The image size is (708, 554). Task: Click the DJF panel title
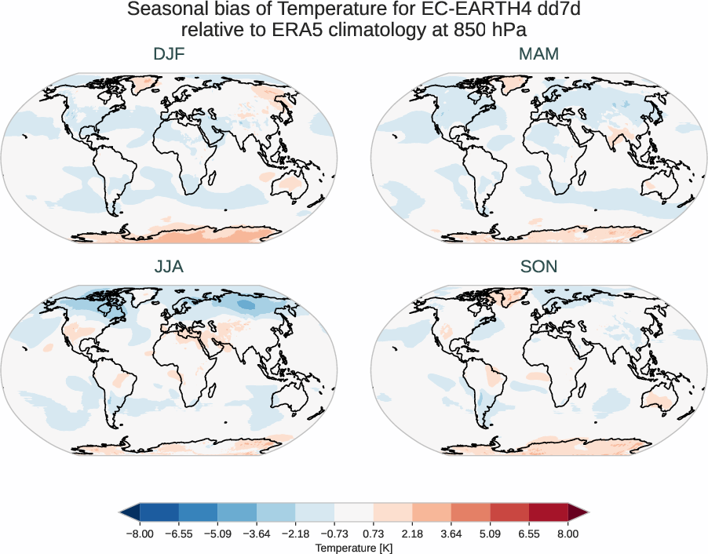(169, 55)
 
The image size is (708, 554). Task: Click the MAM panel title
(538, 55)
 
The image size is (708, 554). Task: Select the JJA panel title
(169, 267)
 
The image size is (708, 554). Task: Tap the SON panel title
(538, 267)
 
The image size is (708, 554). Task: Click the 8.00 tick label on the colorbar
(567, 533)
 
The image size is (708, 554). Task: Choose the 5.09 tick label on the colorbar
(490, 533)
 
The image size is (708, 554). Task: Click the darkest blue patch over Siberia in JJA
(246, 304)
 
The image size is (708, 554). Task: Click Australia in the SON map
(657, 403)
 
